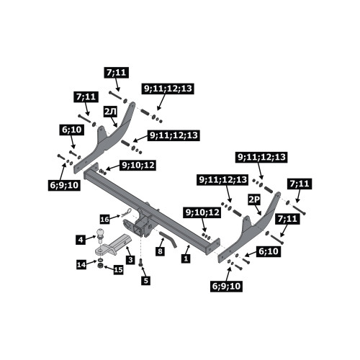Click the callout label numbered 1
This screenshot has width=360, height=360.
pyautogui.click(x=186, y=258)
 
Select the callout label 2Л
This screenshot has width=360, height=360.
pyautogui.click(x=111, y=112)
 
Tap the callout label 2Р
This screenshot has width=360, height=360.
pyautogui.click(x=254, y=200)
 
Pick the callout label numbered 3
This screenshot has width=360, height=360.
pyautogui.click(x=130, y=260)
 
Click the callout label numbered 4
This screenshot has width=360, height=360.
pyautogui.click(x=81, y=240)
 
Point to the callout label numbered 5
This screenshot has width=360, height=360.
pyautogui.click(x=146, y=280)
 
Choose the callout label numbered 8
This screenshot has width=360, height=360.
pyautogui.click(x=160, y=251)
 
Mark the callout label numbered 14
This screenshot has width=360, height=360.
pyautogui.click(x=81, y=265)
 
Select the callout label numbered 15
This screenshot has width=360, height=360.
pyautogui.click(x=118, y=270)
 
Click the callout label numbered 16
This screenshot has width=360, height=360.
pyautogui.click(x=105, y=219)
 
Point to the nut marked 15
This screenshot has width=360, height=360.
pyautogui.click(x=101, y=266)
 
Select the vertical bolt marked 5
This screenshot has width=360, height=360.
pyautogui.click(x=140, y=262)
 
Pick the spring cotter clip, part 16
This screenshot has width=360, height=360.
pyautogui.click(x=127, y=212)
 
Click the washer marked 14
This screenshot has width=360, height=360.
pyautogui.click(x=101, y=260)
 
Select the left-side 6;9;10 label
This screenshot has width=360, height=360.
pyautogui.click(x=64, y=185)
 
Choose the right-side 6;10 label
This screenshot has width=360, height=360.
pyautogui.click(x=269, y=251)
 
